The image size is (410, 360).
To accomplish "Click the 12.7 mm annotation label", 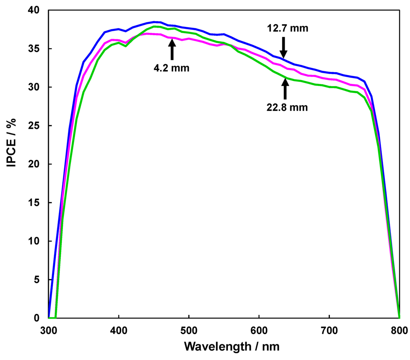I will click(287, 28).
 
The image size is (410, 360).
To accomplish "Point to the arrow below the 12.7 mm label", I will click(283, 47).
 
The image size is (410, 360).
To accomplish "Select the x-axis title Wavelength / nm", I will click(231, 346).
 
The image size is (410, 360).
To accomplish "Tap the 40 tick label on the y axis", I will click(35, 10).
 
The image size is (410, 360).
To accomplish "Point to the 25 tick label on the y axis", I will click(35, 126).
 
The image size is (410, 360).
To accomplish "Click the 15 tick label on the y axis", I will click(35, 203).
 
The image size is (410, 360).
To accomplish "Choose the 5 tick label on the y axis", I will click(38, 280).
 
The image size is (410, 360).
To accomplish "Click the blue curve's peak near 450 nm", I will click(154, 22).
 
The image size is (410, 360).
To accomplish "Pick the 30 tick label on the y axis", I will click(35, 87).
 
